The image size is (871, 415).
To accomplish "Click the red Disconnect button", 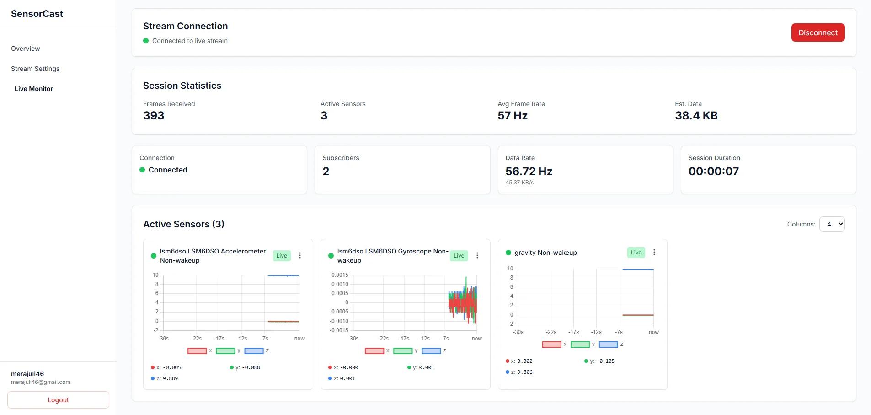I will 818,32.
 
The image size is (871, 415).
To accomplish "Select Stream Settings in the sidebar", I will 35,69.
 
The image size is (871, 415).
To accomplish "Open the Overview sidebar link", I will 26,49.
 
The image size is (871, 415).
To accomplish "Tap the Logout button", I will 58,400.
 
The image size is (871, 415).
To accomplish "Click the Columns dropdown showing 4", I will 832,224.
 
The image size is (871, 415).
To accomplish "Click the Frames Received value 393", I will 154,116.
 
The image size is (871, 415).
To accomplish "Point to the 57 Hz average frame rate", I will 513,116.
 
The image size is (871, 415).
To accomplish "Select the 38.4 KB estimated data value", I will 696,116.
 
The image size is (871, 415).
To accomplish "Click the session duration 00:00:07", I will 713,171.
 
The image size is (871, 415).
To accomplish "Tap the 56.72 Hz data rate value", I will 529,171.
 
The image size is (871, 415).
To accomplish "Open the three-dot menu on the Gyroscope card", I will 477,255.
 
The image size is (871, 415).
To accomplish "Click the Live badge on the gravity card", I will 636,253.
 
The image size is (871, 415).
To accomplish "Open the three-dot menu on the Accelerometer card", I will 300,255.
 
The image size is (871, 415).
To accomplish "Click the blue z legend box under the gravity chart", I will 608,345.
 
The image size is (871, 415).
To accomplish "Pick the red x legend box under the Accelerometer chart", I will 197,351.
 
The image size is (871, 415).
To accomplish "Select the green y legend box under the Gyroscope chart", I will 403,351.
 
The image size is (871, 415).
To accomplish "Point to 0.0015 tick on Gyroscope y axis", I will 340,275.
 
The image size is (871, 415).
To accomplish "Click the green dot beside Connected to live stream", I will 146,41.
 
